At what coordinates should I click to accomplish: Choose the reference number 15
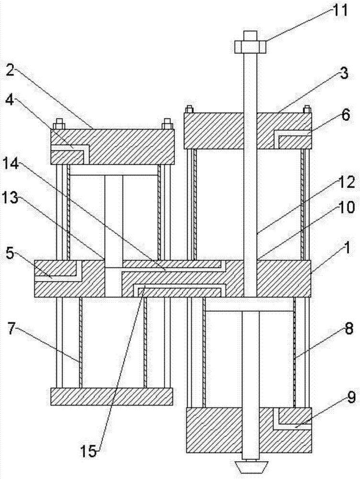click(90, 450)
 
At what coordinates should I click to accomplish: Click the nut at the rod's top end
click(250, 46)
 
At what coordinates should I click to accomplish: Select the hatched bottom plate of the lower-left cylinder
click(111, 396)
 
